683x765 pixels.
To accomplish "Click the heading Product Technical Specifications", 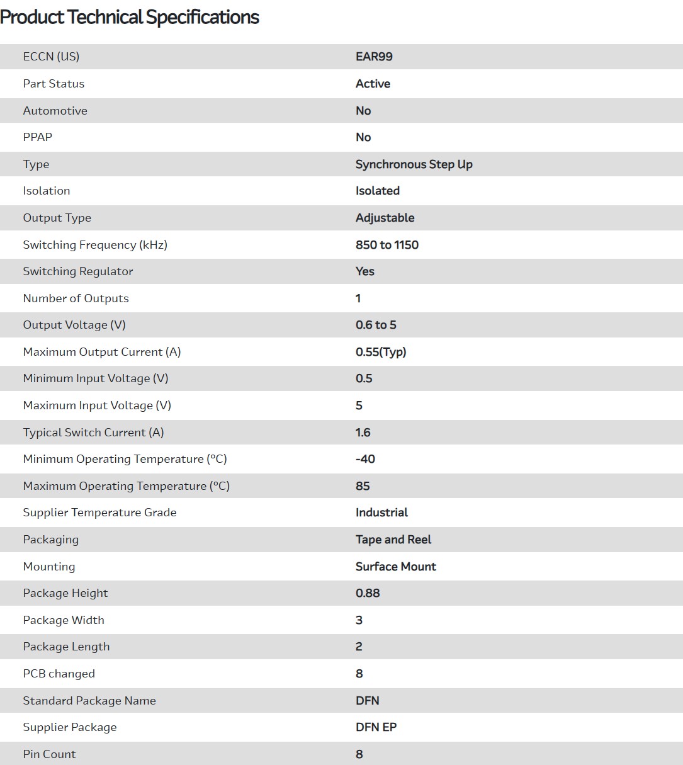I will pyautogui.click(x=130, y=17).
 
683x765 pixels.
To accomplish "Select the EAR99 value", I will pyautogui.click(x=374, y=57).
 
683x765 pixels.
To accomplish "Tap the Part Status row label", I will pyautogui.click(x=54, y=84).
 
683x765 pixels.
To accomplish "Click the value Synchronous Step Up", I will pyautogui.click(x=414, y=164).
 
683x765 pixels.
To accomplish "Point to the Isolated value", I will pyautogui.click(x=377, y=191).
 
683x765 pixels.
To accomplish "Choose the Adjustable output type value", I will pyautogui.click(x=385, y=218).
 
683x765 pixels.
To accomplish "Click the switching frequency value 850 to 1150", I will pyautogui.click(x=387, y=245).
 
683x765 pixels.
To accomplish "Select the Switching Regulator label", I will pyautogui.click(x=78, y=271).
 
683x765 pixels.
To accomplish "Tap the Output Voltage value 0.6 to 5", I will pyautogui.click(x=376, y=325).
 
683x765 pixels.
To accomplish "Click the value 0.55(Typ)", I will pyautogui.click(x=381, y=352).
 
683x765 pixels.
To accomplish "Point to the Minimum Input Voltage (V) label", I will pyautogui.click(x=96, y=378).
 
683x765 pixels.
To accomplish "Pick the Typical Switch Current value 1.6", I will pyautogui.click(x=363, y=433).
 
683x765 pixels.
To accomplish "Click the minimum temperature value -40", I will pyautogui.click(x=365, y=459).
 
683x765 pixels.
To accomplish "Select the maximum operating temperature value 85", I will pyautogui.click(x=363, y=486).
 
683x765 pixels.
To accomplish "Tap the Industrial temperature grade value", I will pyautogui.click(x=381, y=513).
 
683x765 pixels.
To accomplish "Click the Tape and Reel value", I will pyautogui.click(x=393, y=540).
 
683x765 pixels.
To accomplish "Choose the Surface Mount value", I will pyautogui.click(x=395, y=567).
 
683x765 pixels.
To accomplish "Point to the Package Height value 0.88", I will pyautogui.click(x=368, y=593).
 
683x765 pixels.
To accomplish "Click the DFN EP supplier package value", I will pyautogui.click(x=376, y=727).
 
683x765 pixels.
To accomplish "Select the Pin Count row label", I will pyautogui.click(x=49, y=754).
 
